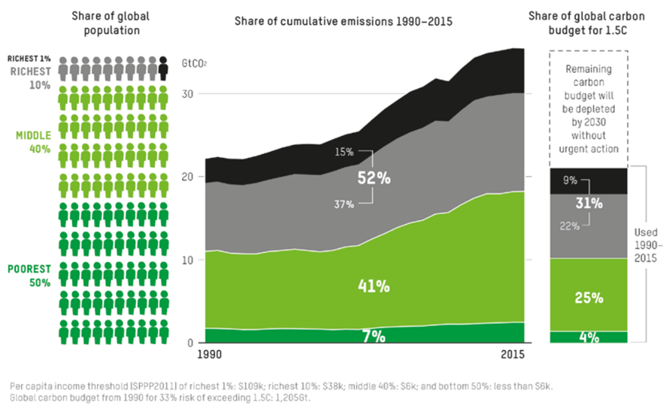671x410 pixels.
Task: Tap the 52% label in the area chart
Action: coord(374,178)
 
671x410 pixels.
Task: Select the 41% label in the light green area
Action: coord(374,286)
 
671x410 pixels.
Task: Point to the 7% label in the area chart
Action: coord(372,336)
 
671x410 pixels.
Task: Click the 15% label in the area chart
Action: coord(344,152)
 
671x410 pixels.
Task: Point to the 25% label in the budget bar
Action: coord(588,298)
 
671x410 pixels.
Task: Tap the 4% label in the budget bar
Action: coord(588,336)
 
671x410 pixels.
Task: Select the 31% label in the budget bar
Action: coord(589,203)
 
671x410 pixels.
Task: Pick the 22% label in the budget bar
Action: coord(569,225)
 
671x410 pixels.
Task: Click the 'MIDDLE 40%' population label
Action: coord(33,142)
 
